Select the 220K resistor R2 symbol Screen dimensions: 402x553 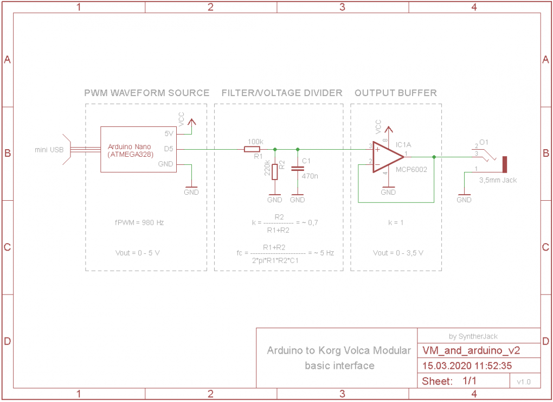point(275,172)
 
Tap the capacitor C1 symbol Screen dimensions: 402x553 point(297,169)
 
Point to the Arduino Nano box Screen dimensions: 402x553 point(138,149)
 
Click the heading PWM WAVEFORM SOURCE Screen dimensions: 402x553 point(146,93)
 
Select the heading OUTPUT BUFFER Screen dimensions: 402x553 point(396,93)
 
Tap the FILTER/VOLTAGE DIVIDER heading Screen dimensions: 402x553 point(282,93)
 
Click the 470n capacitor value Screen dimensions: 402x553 point(310,176)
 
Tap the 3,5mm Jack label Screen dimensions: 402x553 point(498,180)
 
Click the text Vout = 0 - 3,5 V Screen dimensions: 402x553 point(398,253)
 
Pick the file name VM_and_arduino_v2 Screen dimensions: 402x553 point(464,350)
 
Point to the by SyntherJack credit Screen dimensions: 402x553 point(474,336)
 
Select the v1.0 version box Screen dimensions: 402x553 point(524,381)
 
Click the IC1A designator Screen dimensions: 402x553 point(403,145)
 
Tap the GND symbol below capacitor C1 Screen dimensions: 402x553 point(297,197)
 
